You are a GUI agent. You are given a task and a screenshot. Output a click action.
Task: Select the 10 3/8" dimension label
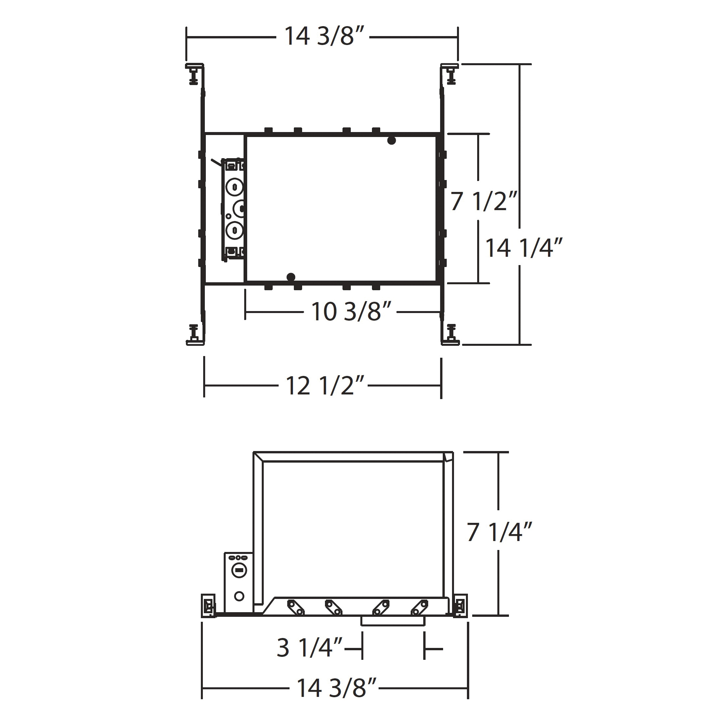(x=350, y=312)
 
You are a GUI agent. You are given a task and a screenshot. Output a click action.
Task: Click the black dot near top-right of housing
(x=392, y=141)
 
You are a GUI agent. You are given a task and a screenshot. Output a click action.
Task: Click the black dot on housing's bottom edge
(x=291, y=277)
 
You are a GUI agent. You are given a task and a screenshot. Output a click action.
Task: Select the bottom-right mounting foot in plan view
(x=451, y=334)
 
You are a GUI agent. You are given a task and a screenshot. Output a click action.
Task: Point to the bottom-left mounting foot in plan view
(x=195, y=334)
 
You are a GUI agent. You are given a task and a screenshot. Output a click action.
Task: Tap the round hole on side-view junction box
(x=239, y=596)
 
